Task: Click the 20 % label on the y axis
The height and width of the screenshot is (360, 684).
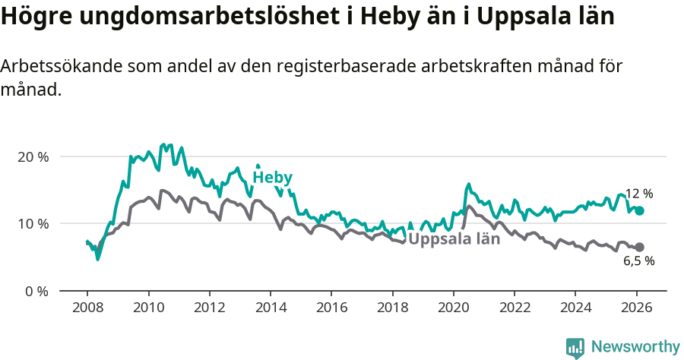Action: pos(33,156)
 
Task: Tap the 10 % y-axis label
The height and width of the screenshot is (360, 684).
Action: pos(33,223)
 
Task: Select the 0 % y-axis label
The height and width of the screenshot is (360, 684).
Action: pos(37,291)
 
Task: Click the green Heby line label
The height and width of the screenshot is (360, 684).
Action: pos(272,178)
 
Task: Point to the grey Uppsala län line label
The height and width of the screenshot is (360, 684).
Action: pos(454,239)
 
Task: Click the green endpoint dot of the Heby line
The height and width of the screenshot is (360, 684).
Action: pos(640,210)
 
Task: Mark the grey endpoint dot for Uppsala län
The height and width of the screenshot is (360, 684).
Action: pos(640,247)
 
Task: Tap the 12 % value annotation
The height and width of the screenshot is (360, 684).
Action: pos(638,194)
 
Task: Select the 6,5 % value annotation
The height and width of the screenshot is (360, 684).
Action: pos(638,261)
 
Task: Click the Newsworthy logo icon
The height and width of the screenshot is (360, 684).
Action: pos(575,347)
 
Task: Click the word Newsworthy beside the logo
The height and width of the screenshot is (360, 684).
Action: pos(635,347)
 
